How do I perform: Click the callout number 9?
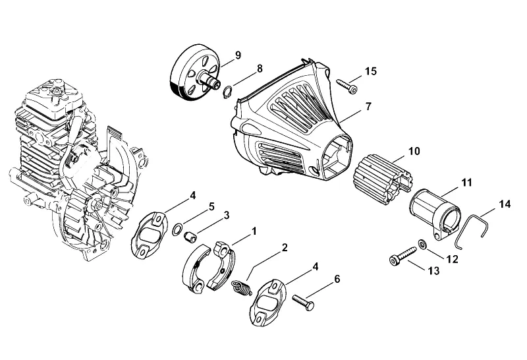[x=238, y=55]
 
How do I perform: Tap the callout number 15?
[x=371, y=71]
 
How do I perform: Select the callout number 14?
[x=505, y=204]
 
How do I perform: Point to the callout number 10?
[x=414, y=152]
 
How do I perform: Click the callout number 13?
[x=434, y=270]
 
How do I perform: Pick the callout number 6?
[x=337, y=279]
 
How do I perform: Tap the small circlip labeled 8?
[x=227, y=92]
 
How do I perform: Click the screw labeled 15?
[x=347, y=86]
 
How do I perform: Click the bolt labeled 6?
[x=303, y=302]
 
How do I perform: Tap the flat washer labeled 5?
[x=178, y=229]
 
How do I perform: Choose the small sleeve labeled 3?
[x=190, y=236]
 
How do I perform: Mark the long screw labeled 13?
[x=402, y=256]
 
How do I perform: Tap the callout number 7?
[x=368, y=106]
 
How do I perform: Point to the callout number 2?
[x=285, y=248]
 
